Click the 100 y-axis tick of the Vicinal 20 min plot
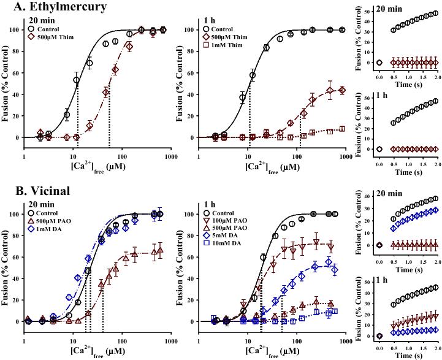coord(15,214)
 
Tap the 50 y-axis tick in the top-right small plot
coord(368,11)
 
